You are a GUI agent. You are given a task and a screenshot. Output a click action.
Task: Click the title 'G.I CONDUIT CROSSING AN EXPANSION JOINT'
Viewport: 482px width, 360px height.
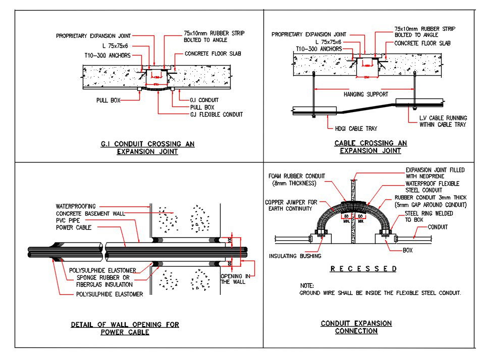pos(147,147)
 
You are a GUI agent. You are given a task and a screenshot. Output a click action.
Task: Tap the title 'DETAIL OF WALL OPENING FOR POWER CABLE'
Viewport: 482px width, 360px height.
pos(125,328)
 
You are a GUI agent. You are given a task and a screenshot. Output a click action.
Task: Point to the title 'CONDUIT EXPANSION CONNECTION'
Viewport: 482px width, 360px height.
pos(356,327)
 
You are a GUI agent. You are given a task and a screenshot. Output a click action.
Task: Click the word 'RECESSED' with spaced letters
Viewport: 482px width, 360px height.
pos(363,269)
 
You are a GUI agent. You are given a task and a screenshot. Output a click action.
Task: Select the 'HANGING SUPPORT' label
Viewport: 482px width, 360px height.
pos(365,94)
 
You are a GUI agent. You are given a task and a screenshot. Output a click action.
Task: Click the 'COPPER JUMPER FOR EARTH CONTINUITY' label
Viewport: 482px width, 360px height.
pos(291,205)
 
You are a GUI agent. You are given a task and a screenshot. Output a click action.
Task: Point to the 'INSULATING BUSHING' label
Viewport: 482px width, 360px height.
pos(295,256)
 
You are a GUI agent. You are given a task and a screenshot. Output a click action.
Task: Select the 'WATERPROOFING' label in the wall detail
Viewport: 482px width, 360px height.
pos(76,207)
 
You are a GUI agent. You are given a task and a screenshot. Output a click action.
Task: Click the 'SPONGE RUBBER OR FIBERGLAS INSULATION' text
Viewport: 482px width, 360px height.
pos(103,281)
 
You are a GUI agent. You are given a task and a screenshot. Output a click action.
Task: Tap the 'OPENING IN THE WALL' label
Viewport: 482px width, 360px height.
pos(233,279)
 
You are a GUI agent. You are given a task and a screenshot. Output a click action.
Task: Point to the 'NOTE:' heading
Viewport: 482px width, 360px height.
pos(307,286)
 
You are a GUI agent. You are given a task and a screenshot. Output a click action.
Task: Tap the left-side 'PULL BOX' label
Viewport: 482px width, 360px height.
pos(109,100)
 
